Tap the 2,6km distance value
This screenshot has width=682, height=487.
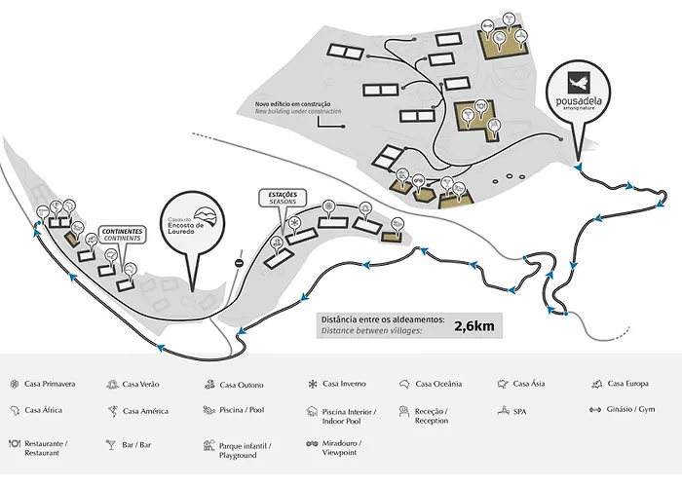tap(473, 325)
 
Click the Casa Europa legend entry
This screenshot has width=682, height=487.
tap(625, 384)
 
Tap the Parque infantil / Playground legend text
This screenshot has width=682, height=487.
tap(249, 449)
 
